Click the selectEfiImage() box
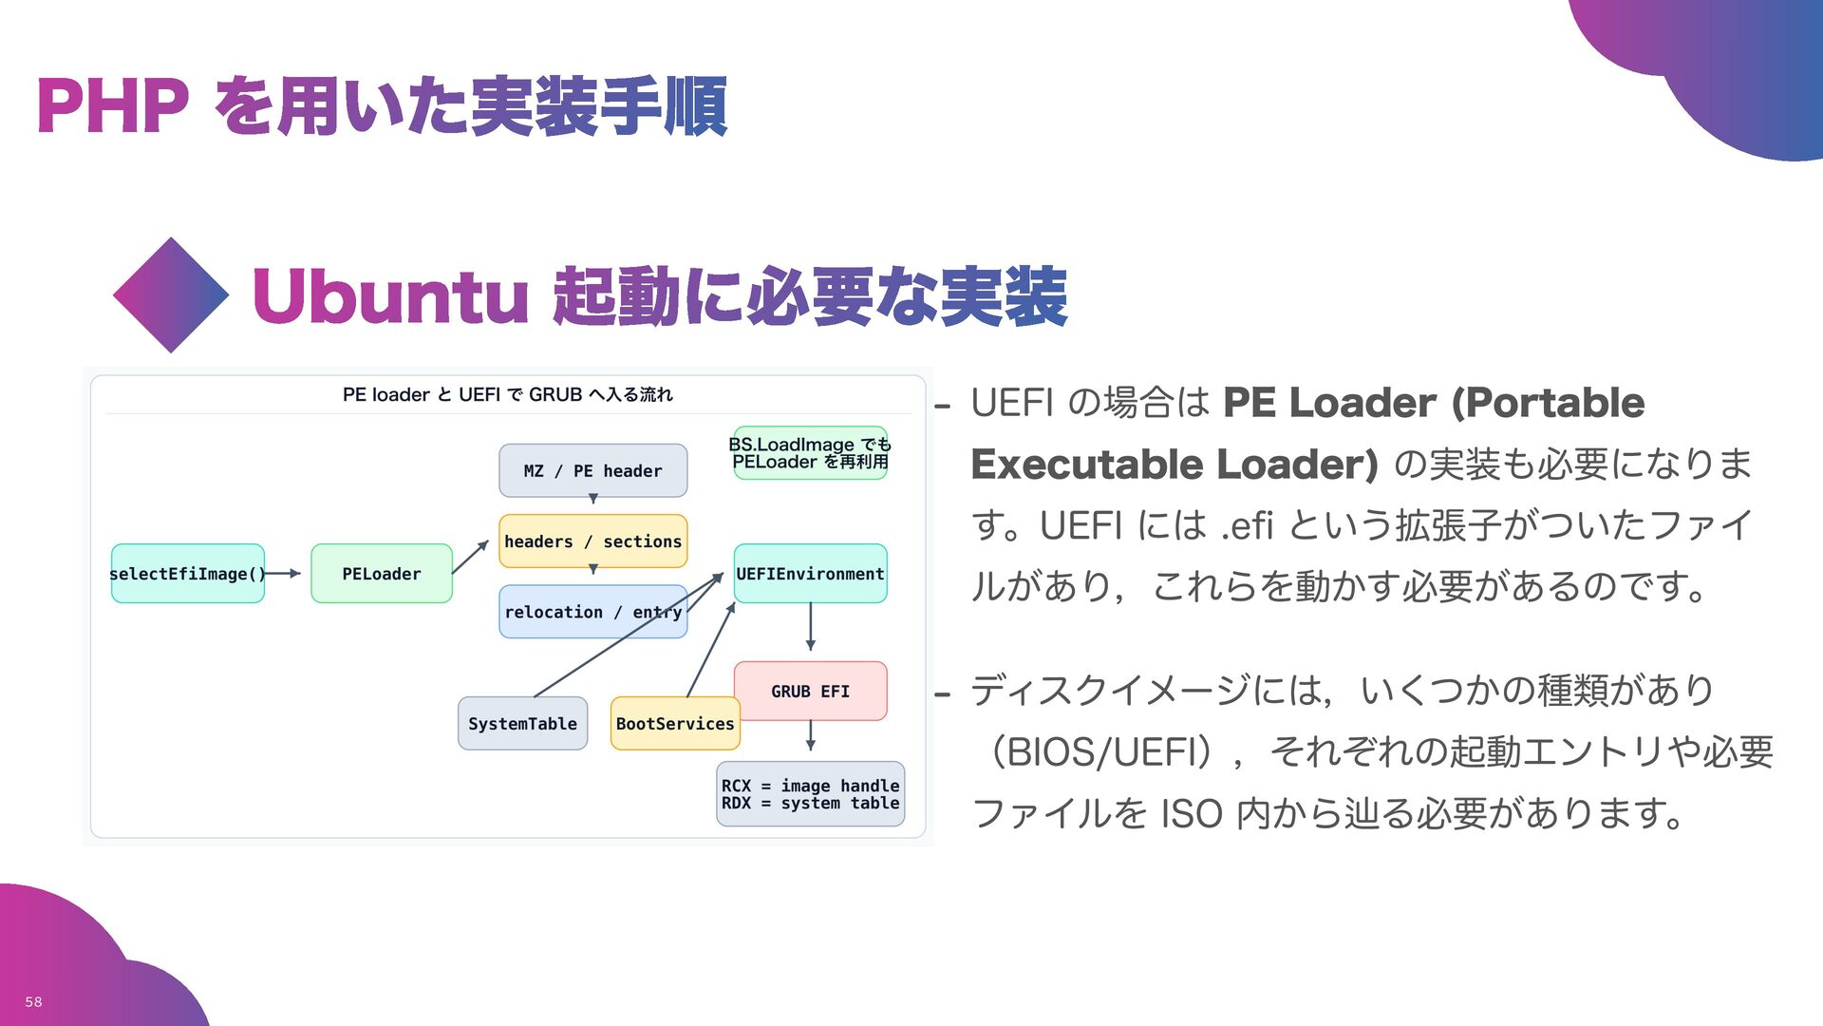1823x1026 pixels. [x=187, y=573]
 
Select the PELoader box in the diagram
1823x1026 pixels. [x=381, y=573]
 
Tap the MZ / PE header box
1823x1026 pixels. [x=592, y=470]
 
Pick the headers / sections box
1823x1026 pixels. [x=592, y=541]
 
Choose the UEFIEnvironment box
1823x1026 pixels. [x=810, y=573]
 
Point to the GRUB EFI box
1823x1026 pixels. [x=810, y=691]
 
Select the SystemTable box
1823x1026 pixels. [x=522, y=723]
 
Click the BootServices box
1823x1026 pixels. [x=674, y=723]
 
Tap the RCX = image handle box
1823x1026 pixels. [x=810, y=793]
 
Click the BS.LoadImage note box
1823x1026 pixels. [x=810, y=452]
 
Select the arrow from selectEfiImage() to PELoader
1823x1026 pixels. [x=283, y=573]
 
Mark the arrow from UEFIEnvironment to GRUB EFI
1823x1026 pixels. [x=810, y=626]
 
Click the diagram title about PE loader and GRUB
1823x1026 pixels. [x=507, y=394]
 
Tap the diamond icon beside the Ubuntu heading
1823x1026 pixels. [x=171, y=294]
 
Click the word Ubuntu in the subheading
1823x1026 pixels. [x=389, y=296]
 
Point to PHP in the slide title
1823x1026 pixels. [x=112, y=105]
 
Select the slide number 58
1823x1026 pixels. [x=33, y=1001]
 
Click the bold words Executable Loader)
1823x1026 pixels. [x=1174, y=465]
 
